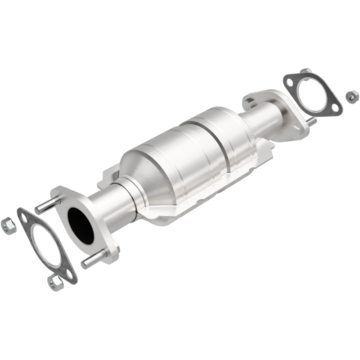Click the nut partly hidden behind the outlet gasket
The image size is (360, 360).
306,72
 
